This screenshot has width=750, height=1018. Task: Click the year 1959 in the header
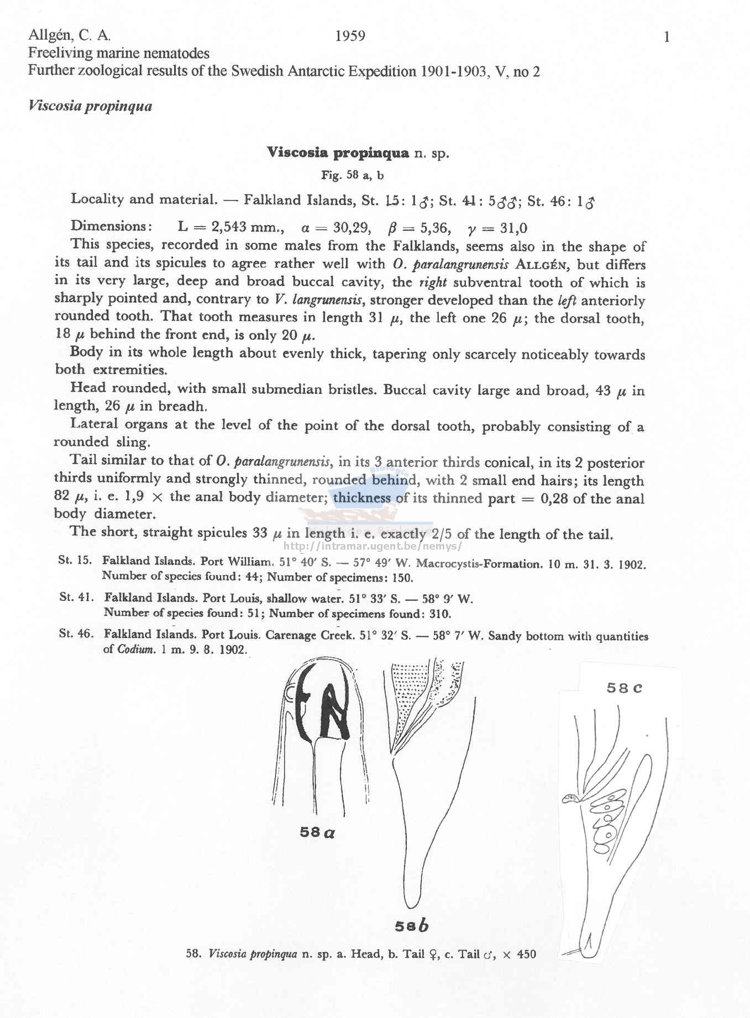click(350, 36)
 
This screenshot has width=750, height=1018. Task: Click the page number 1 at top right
click(667, 38)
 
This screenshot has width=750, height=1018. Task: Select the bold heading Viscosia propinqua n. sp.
click(358, 153)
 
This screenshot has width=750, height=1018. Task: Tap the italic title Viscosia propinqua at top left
click(90, 106)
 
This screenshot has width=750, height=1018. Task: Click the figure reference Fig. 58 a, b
click(353, 176)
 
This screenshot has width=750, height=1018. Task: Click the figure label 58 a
click(317, 832)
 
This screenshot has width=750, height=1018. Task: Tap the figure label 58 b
click(412, 926)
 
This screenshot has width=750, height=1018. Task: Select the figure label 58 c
click(624, 688)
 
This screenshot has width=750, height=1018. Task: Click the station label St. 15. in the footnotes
click(75, 560)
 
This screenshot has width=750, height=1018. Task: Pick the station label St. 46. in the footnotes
click(76, 634)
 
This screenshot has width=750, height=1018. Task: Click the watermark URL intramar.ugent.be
click(371, 547)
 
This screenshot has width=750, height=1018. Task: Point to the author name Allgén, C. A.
click(70, 36)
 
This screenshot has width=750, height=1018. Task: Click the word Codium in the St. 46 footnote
click(135, 650)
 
